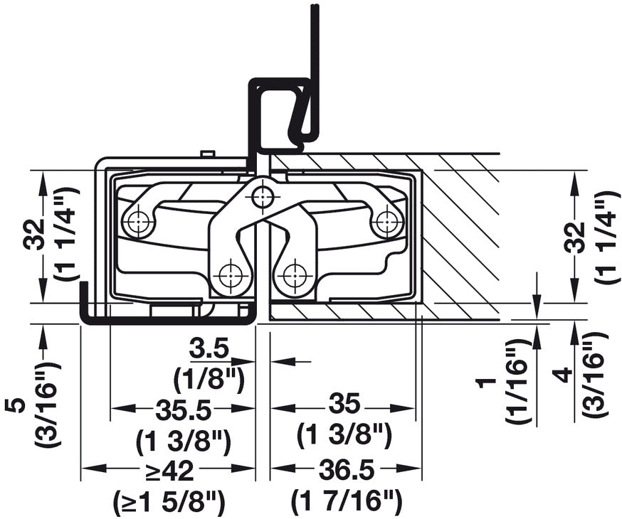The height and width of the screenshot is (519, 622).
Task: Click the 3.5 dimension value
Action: (209, 349)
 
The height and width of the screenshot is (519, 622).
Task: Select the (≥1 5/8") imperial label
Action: (169, 502)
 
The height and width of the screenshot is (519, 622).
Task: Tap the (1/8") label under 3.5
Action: (209, 375)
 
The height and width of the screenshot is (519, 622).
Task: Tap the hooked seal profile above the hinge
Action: (281, 114)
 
